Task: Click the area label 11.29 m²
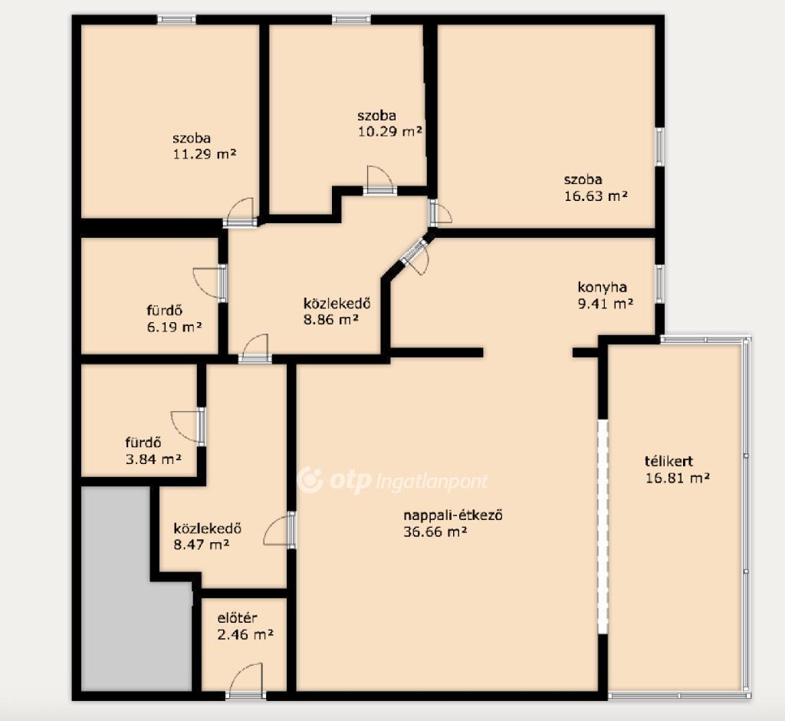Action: click(x=204, y=154)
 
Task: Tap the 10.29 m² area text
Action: click(x=390, y=131)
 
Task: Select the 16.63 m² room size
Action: click(x=596, y=196)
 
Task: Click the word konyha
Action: click(x=603, y=288)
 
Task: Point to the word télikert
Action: click(x=668, y=460)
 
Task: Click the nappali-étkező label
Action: click(x=453, y=515)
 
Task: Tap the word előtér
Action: click(x=238, y=617)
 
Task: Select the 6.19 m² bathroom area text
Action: click(x=174, y=328)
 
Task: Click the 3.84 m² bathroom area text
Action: click(x=153, y=459)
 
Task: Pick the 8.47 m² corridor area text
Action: click(x=202, y=544)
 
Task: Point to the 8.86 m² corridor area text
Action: click(x=331, y=319)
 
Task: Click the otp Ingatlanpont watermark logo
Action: click(x=392, y=481)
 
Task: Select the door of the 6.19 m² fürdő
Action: click(x=210, y=283)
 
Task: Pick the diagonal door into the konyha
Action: click(x=415, y=255)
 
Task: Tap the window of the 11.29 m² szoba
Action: click(x=176, y=19)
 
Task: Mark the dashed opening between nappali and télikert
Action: click(x=603, y=527)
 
